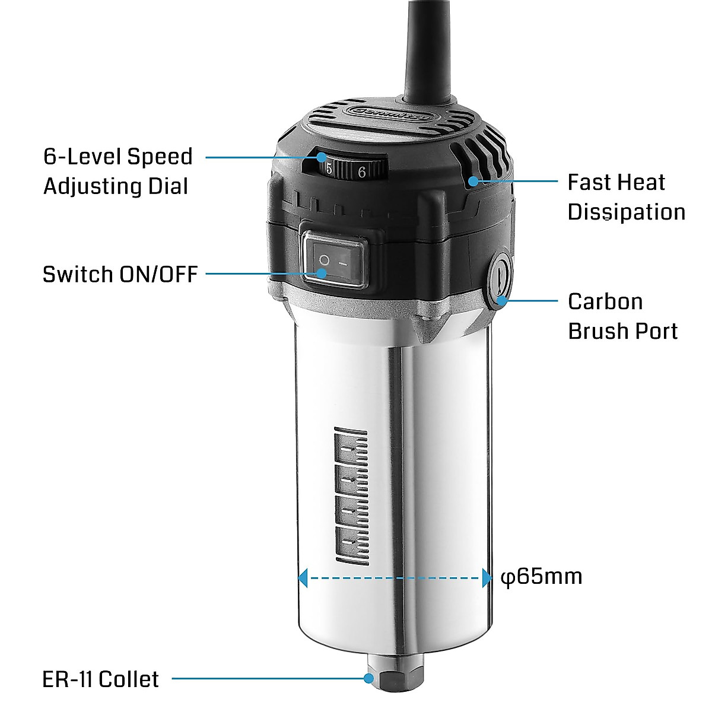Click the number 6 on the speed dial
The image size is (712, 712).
361,172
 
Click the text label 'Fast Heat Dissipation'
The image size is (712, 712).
625,197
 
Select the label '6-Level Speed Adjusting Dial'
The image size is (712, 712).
117,171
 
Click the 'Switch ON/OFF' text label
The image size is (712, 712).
120,275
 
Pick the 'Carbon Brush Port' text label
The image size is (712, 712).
622,316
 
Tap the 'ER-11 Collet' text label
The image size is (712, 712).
100,679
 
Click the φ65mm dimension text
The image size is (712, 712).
541,576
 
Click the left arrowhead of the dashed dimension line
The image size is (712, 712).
303,577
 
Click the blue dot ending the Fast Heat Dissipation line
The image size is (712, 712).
472,180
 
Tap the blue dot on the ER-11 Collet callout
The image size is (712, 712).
369,678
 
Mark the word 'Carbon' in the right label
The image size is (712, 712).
605,301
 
